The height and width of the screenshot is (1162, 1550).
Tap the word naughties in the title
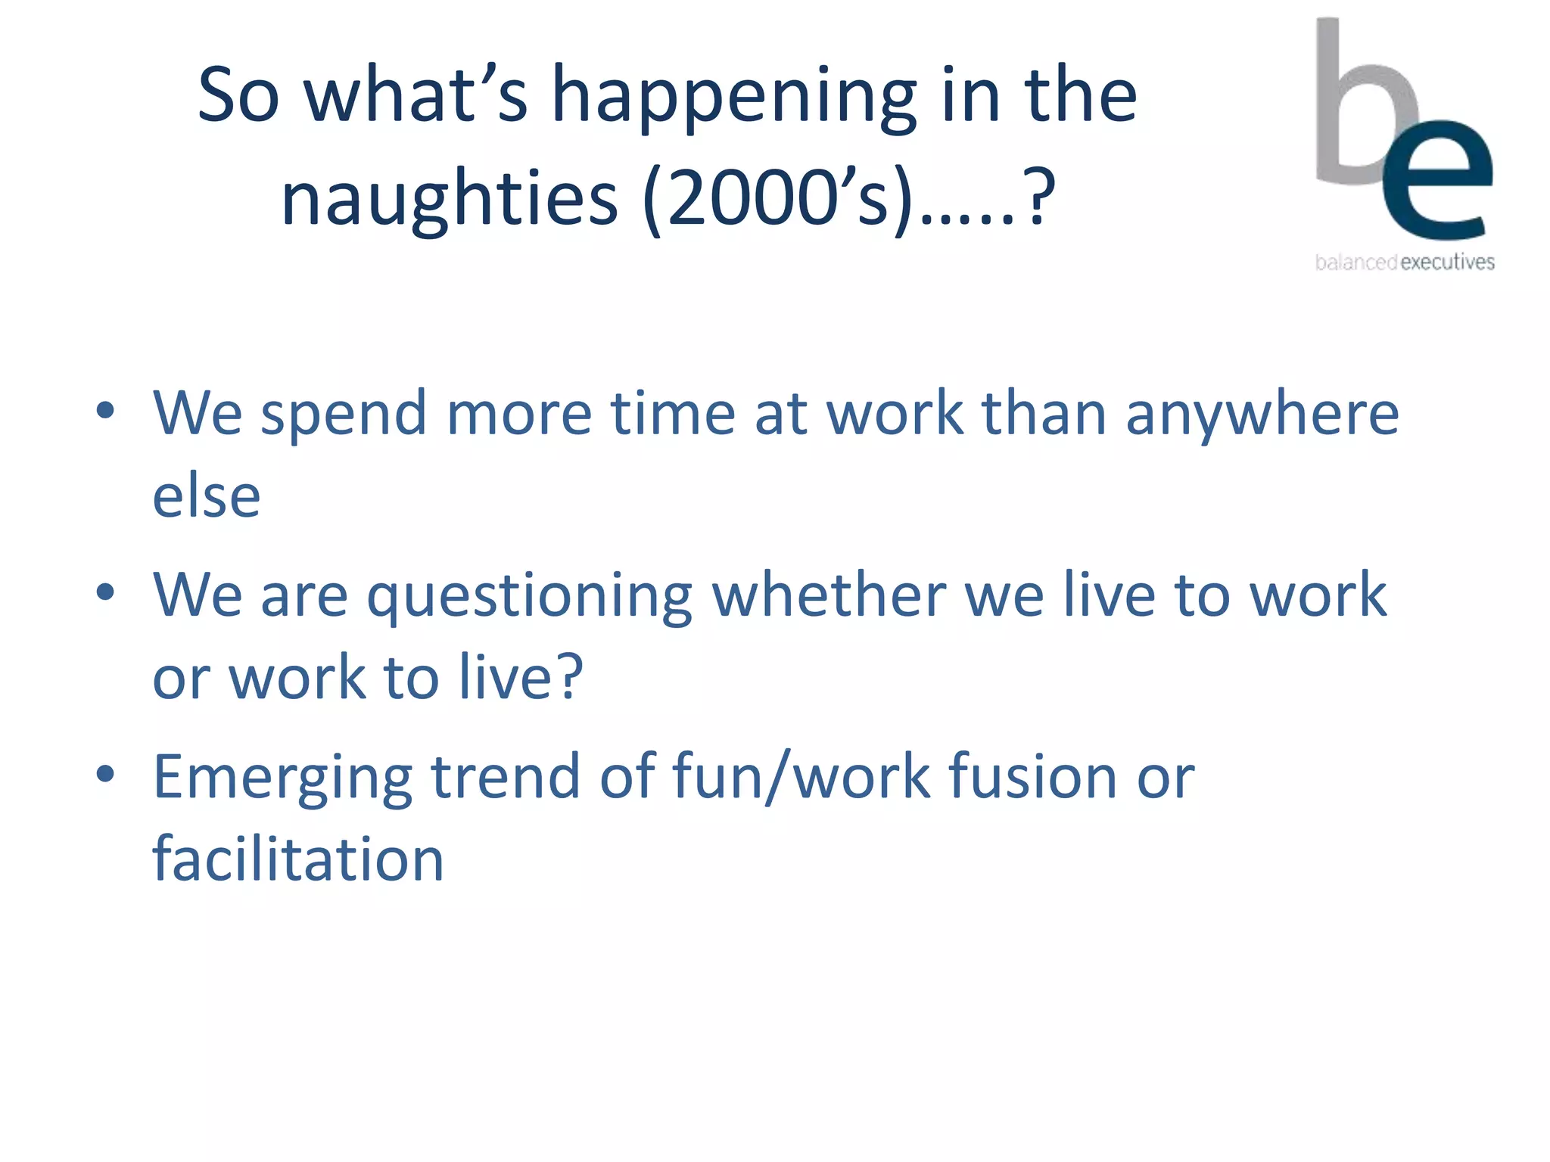pyautogui.click(x=450, y=198)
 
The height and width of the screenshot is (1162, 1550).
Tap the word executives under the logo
pyautogui.click(x=1447, y=263)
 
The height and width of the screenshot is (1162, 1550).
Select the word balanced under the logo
pyautogui.click(x=1355, y=263)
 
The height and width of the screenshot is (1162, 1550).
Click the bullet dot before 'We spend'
pyautogui.click(x=105, y=410)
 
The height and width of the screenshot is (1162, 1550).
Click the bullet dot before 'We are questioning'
pyautogui.click(x=105, y=592)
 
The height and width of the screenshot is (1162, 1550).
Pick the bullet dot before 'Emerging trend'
pyautogui.click(x=105, y=773)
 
